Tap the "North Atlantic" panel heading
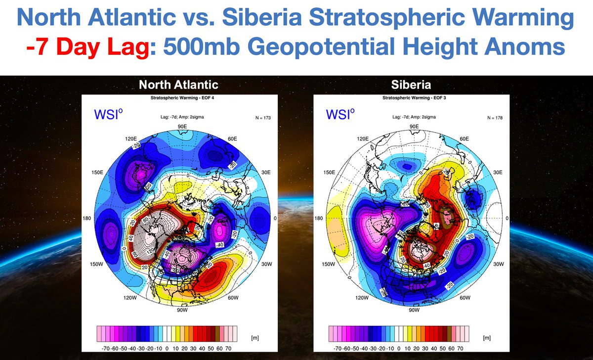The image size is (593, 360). (x=179, y=85)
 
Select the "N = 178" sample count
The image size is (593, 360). (x=494, y=118)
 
